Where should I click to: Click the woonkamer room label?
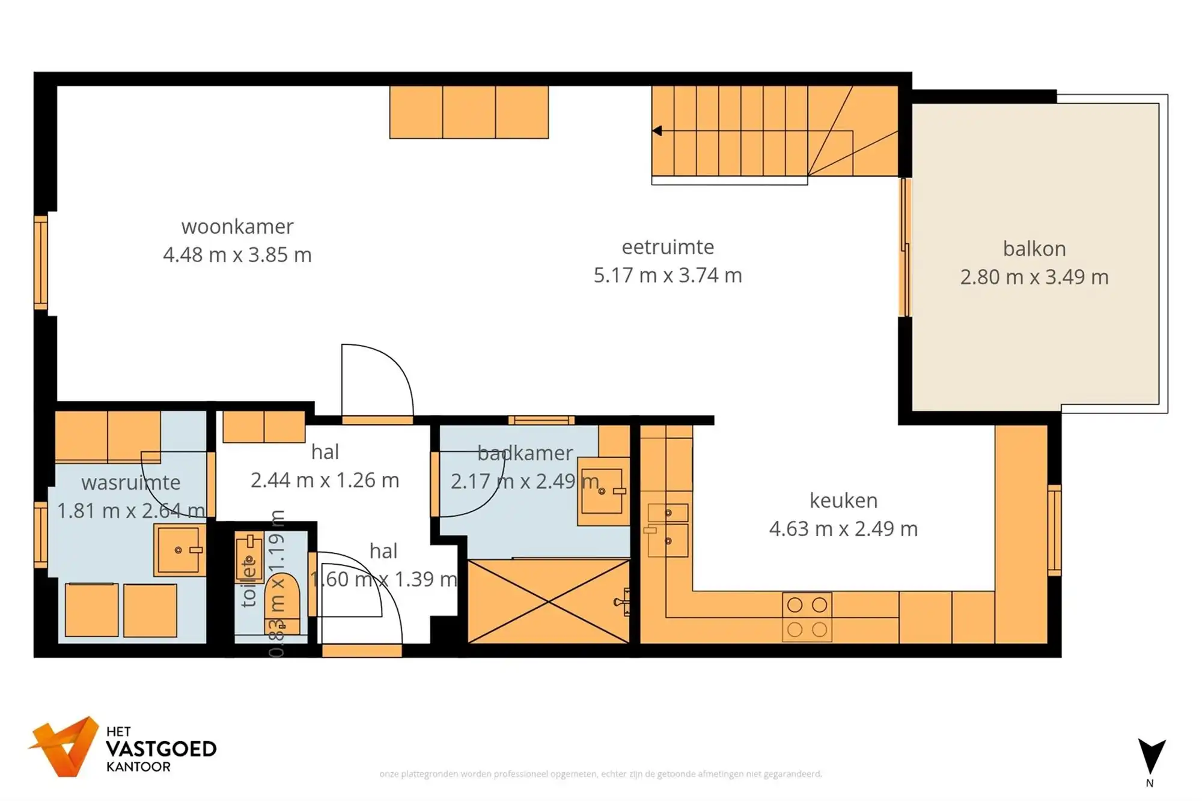point(237,227)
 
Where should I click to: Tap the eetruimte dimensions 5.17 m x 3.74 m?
point(668,275)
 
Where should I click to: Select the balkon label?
point(1034,249)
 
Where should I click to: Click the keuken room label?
point(843,500)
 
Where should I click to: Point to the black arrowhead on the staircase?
point(657,130)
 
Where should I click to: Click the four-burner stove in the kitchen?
point(807,617)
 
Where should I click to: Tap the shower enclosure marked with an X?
point(548,601)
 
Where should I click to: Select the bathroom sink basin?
point(602,492)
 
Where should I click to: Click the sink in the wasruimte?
point(178,550)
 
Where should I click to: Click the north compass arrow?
point(1151,757)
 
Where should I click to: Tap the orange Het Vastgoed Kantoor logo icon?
point(65,746)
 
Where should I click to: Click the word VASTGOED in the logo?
point(160,749)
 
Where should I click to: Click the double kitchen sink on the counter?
point(668,527)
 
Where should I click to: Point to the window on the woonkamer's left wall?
point(41,262)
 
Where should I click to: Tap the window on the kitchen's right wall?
point(1054,529)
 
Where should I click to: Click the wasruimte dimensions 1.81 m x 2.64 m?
point(130,511)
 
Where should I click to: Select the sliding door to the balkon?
point(905,247)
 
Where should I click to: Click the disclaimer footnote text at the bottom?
point(600,774)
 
